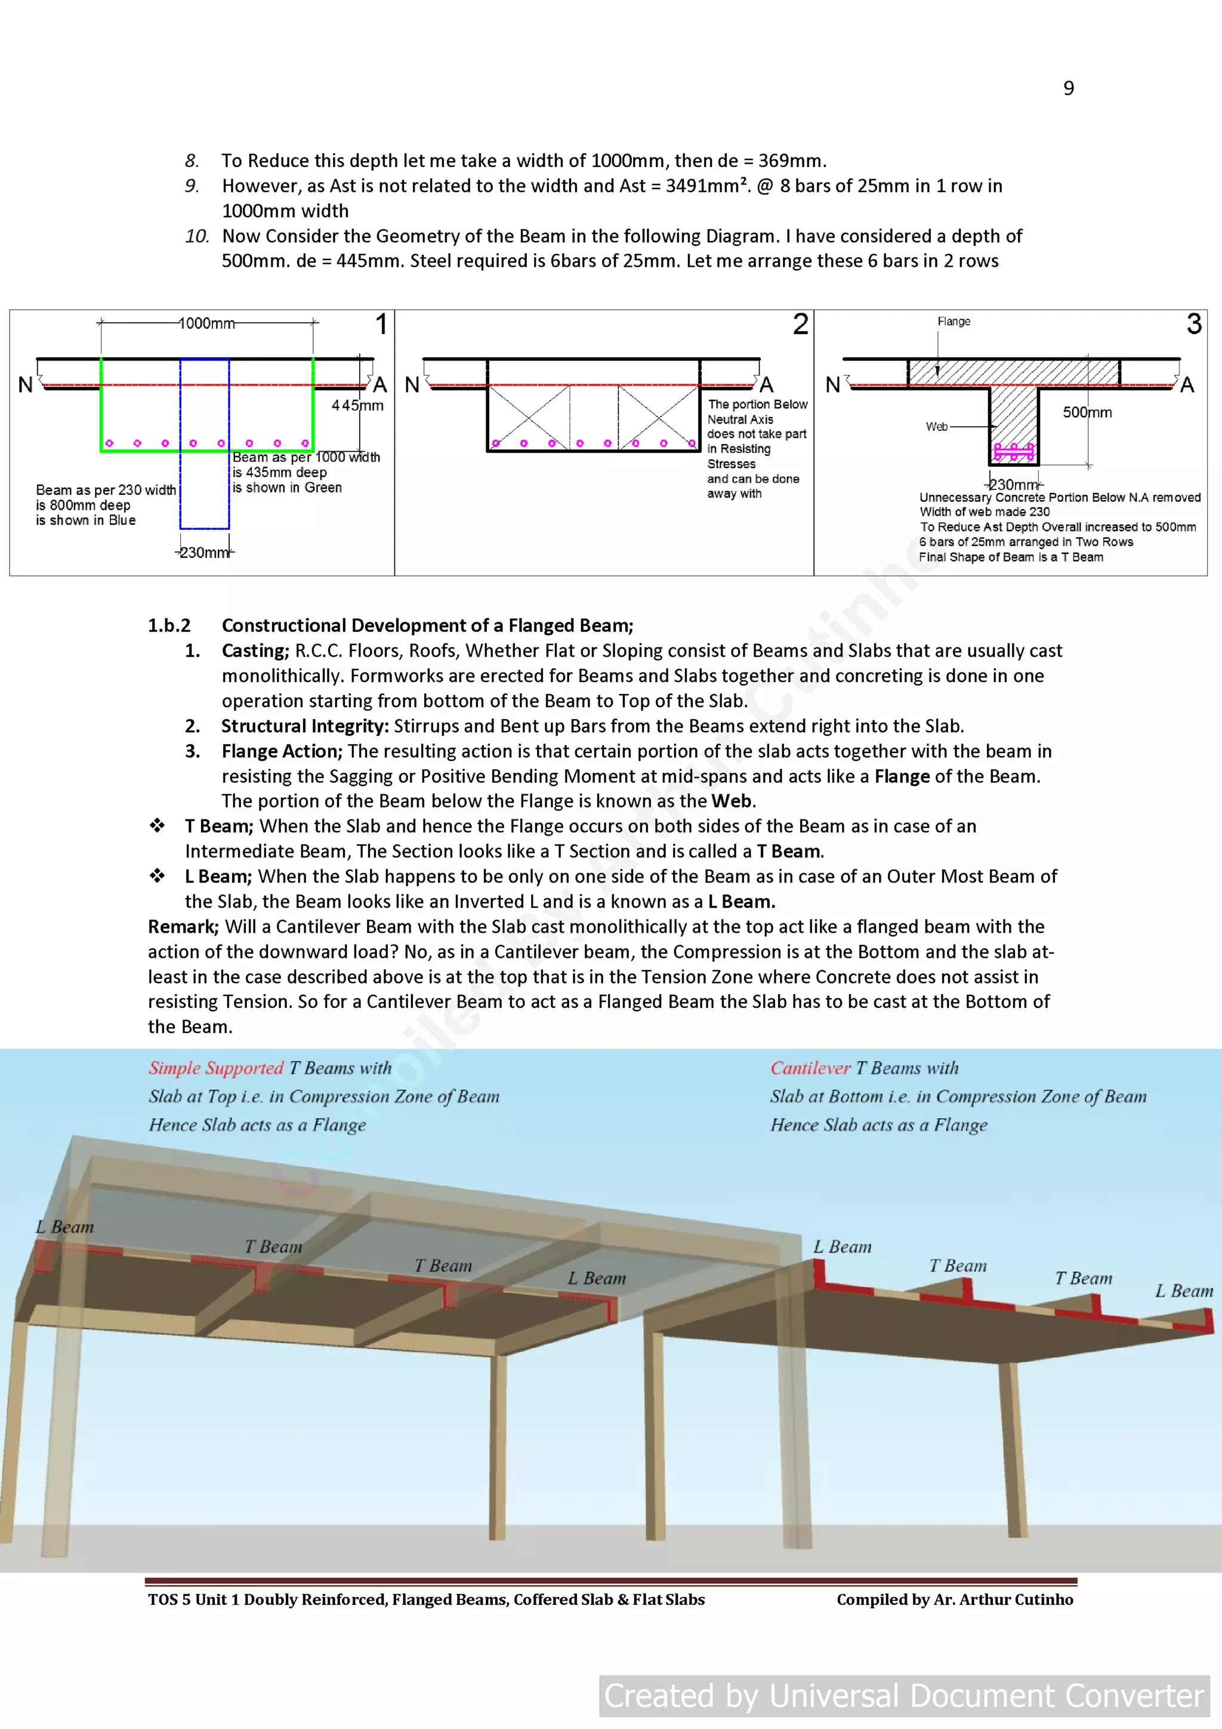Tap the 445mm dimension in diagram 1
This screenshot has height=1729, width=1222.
357,406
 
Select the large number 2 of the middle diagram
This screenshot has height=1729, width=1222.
800,325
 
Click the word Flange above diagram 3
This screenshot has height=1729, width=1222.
953,322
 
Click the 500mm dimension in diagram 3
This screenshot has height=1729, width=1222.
1087,412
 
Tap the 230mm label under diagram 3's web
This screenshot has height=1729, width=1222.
1013,485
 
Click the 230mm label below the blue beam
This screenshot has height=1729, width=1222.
204,553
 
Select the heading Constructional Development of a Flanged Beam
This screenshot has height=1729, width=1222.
427,626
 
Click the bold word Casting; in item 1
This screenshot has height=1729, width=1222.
255,651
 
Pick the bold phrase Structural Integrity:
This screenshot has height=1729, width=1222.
304,726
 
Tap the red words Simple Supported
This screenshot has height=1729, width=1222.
215,1068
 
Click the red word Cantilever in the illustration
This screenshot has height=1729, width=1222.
810,1068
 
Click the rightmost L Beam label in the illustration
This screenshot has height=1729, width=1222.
1184,1292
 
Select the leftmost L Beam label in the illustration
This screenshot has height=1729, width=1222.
65,1228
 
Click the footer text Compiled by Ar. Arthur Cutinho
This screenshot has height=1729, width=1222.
954,1599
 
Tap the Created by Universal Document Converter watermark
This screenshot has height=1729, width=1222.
903,1696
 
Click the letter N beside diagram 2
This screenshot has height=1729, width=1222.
412,386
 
